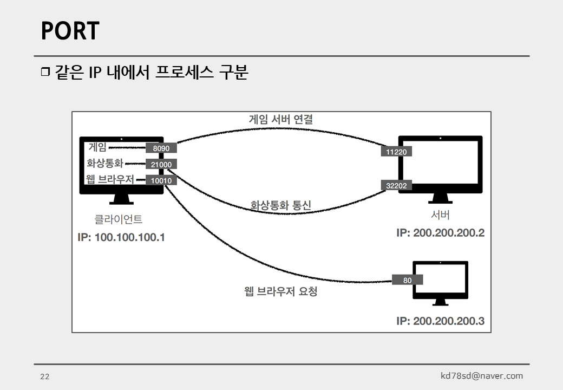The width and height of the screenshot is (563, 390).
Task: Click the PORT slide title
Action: (x=70, y=31)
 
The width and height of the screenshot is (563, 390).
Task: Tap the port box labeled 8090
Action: (x=161, y=148)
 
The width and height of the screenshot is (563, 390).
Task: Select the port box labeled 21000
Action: (x=161, y=165)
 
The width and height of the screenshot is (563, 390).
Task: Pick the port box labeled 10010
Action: (x=161, y=181)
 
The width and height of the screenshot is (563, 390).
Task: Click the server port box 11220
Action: (x=396, y=152)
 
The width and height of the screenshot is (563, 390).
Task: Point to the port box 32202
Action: (x=396, y=186)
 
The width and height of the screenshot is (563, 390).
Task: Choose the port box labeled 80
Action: (x=408, y=281)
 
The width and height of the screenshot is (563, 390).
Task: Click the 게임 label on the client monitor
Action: (x=97, y=147)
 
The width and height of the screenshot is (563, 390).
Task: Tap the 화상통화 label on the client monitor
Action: (x=105, y=163)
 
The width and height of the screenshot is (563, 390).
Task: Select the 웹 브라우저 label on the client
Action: (x=110, y=180)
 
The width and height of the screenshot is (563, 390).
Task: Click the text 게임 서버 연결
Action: (x=280, y=119)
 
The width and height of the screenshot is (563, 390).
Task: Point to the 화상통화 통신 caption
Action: (x=280, y=205)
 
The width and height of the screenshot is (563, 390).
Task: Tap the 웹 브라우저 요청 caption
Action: (x=280, y=291)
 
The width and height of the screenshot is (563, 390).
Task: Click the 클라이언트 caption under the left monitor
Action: (x=119, y=219)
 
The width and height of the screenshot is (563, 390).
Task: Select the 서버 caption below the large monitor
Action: (x=440, y=215)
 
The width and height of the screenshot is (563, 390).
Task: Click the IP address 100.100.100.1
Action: (x=121, y=237)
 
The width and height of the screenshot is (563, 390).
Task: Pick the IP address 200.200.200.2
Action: (x=440, y=233)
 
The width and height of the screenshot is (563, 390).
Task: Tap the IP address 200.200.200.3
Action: (x=440, y=321)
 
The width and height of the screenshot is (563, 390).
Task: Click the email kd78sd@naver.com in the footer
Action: (x=482, y=376)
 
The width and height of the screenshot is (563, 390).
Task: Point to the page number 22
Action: (x=45, y=377)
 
